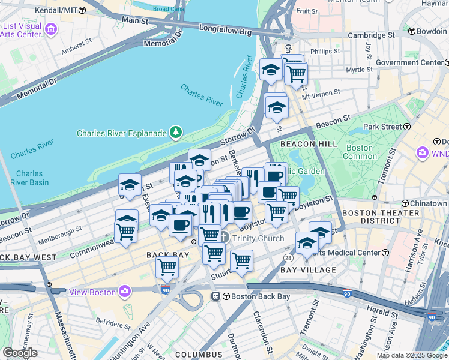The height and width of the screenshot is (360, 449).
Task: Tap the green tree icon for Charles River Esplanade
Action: [x=175, y=132]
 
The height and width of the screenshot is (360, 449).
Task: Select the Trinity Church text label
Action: [x=258, y=238]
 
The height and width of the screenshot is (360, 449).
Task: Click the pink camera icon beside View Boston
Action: [x=125, y=292]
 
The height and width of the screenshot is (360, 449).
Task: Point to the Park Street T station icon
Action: [x=407, y=127]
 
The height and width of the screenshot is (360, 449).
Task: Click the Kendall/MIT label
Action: [x=56, y=10]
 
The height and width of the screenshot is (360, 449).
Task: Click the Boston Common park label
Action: [x=360, y=152]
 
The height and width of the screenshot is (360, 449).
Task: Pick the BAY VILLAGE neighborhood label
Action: [x=308, y=270]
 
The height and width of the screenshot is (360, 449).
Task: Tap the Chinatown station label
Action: [x=428, y=203]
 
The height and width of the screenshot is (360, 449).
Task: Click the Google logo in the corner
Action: [x=20, y=352]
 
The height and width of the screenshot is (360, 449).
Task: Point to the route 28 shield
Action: [x=288, y=257]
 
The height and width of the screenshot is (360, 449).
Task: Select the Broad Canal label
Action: [x=169, y=9]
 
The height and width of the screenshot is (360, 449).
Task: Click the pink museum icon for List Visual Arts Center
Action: [x=51, y=29]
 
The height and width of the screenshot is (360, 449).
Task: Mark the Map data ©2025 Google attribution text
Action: [x=412, y=355]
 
